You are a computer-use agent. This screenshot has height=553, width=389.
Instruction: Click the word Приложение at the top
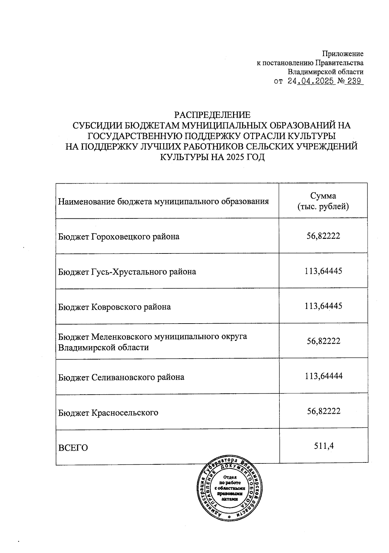343,54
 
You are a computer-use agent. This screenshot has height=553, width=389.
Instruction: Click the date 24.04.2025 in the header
311,81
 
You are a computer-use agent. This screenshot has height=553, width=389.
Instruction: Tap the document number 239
354,81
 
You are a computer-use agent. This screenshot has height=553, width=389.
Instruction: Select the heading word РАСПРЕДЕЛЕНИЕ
212,115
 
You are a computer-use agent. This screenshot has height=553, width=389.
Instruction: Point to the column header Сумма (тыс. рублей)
323,201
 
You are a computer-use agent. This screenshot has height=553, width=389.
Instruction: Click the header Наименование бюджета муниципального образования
163,202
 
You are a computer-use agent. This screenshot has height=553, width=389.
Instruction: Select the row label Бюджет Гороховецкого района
119,237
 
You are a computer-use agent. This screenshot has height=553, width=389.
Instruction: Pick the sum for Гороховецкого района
323,236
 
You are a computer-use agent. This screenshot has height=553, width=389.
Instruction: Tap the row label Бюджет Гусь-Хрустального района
127,272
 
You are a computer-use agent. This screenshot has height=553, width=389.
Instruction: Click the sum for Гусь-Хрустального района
323,271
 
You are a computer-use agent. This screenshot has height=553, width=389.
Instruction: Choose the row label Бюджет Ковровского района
114,307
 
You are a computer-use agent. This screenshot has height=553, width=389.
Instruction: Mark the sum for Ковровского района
323,306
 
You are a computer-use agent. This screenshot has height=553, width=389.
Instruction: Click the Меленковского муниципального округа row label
152,342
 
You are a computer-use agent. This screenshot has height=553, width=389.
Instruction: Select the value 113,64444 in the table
324,376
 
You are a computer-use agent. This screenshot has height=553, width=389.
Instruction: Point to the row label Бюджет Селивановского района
121,377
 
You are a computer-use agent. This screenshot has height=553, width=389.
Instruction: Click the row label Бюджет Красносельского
108,413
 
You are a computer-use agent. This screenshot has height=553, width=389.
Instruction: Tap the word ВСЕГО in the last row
73,448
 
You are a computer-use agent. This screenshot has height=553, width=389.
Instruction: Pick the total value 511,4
324,446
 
